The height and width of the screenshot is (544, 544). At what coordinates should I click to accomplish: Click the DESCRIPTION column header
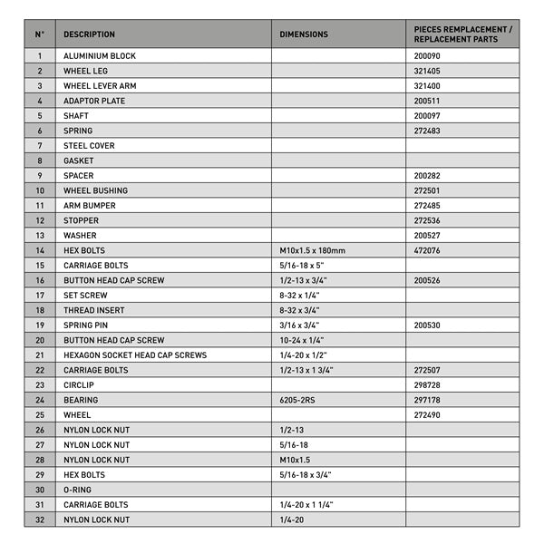tap(89, 34)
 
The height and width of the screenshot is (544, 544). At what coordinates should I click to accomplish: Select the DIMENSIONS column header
tap(304, 34)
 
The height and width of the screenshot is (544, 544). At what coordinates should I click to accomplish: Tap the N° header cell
tap(40, 34)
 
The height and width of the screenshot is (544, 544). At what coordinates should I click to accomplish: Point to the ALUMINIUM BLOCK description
tap(100, 56)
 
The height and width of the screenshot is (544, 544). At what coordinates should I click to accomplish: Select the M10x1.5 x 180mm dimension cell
tap(312, 250)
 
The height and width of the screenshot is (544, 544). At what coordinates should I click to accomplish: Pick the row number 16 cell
tap(40, 280)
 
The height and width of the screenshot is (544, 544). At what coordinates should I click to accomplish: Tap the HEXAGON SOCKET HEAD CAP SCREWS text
tap(135, 355)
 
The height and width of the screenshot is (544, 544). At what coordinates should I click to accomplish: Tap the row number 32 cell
tap(40, 520)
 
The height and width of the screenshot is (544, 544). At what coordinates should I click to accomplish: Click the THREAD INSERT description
tap(92, 310)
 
